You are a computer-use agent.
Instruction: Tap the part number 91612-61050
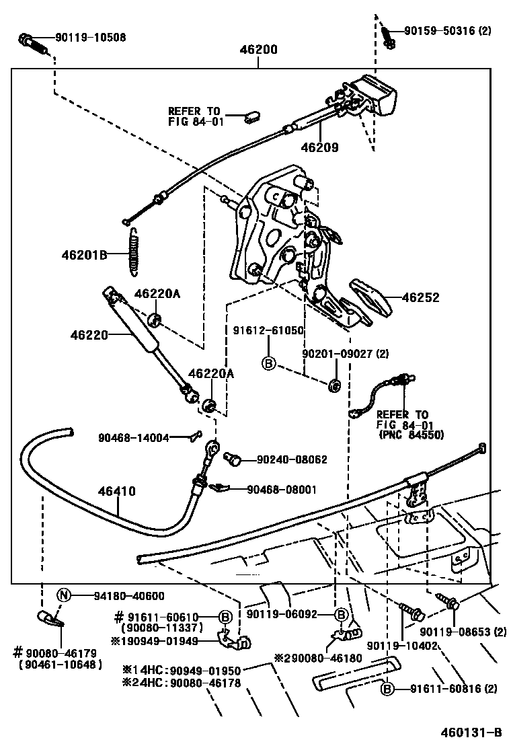coord(268,330)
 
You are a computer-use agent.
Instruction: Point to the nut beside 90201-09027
coord(334,385)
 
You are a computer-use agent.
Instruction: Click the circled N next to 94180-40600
coord(63,595)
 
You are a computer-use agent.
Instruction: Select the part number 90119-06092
coord(288,613)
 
